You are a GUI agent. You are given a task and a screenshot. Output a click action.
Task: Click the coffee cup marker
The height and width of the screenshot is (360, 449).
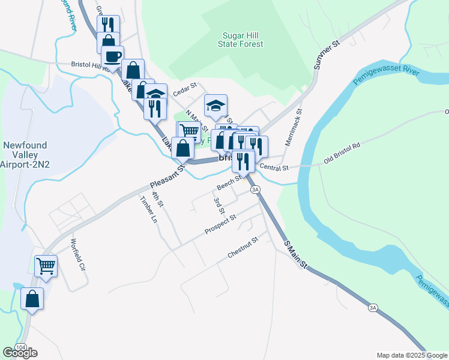(x=112, y=58)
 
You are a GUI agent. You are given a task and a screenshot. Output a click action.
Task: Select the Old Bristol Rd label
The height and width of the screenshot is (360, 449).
(x=342, y=154)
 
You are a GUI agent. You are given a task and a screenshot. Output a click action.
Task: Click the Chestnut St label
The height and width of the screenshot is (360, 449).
(x=243, y=248)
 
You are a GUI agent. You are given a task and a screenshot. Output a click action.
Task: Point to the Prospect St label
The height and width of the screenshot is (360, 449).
(x=220, y=224)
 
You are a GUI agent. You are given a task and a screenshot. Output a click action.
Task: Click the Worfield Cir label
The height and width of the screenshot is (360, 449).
(x=78, y=255)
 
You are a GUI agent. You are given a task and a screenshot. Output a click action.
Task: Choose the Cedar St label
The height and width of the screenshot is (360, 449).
(x=185, y=88)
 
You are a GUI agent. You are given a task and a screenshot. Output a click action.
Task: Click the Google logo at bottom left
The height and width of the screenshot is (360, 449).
(x=20, y=353)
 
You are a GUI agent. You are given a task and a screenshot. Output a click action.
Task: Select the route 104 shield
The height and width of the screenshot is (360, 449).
(x=20, y=347)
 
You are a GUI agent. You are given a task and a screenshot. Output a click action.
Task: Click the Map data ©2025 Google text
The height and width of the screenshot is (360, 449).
(x=411, y=355)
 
